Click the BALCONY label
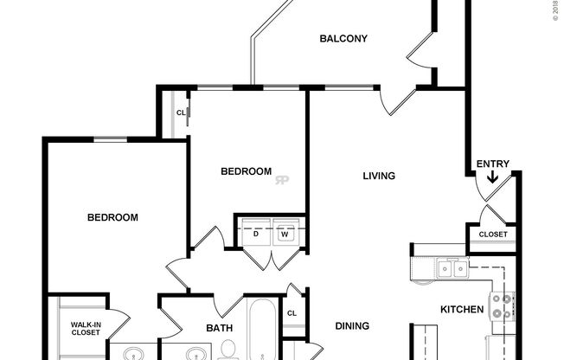tap(343, 39)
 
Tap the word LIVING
tap(379, 177)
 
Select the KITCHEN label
tap(462, 308)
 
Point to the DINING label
tap(352, 326)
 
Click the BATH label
tap(220, 328)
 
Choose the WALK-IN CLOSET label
tap(86, 329)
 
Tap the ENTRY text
tap(492, 164)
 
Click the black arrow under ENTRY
tap(492, 179)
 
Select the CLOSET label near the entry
tap(492, 234)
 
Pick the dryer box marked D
tap(256, 233)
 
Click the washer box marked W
tap(284, 233)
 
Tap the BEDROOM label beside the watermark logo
tap(247, 171)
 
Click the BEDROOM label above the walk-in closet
tap(112, 218)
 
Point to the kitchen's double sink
tap(452, 269)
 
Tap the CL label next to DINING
tap(292, 313)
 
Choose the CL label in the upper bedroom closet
tap(181, 112)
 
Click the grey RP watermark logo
tap(282, 180)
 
